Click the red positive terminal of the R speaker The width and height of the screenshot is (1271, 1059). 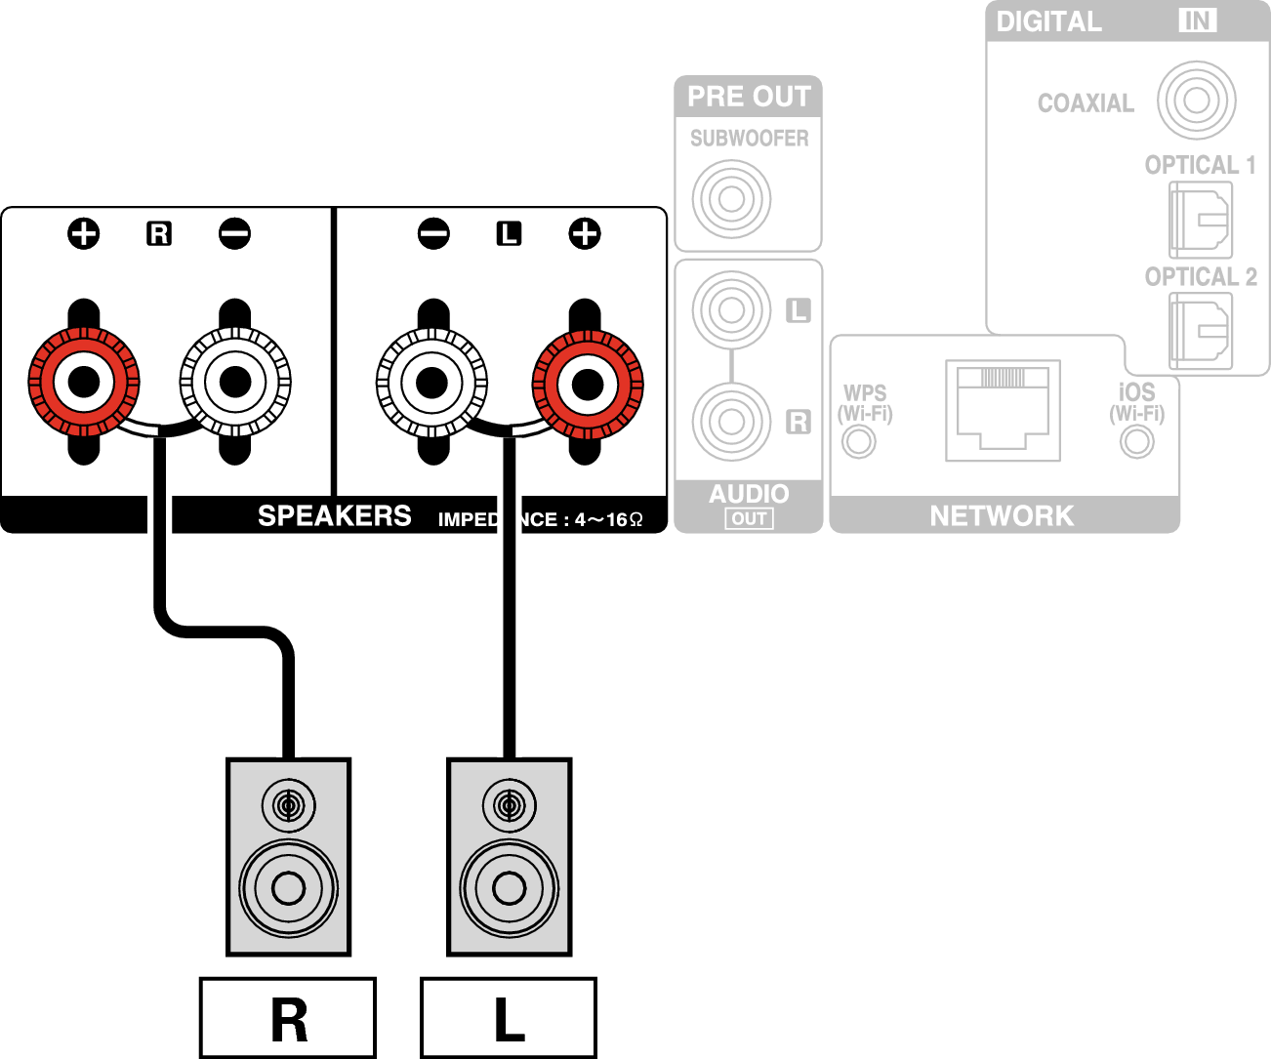click(84, 382)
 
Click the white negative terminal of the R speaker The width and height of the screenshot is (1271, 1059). click(235, 382)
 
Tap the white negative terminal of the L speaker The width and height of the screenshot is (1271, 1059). click(431, 383)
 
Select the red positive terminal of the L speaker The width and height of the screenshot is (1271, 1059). click(588, 385)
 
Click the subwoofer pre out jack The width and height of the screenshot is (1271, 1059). click(731, 199)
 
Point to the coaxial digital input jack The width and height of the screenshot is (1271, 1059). click(1196, 101)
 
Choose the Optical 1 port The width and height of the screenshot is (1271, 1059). click(1201, 220)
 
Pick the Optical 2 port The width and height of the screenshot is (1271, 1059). click(1201, 331)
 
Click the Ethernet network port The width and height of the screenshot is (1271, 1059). click(1003, 411)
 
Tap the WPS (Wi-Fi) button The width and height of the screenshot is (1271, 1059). click(859, 442)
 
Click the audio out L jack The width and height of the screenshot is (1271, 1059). click(731, 310)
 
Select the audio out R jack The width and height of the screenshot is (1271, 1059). click(731, 422)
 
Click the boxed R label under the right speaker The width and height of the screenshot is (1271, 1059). click(288, 1019)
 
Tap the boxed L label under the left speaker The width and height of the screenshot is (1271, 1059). click(509, 1019)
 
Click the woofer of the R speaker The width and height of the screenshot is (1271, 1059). click(289, 888)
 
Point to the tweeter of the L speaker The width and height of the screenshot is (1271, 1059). click(509, 806)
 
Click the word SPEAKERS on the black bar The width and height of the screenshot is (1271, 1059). click(334, 516)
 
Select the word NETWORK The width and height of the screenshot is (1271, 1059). click(1002, 516)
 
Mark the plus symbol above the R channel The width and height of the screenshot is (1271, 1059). click(83, 233)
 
